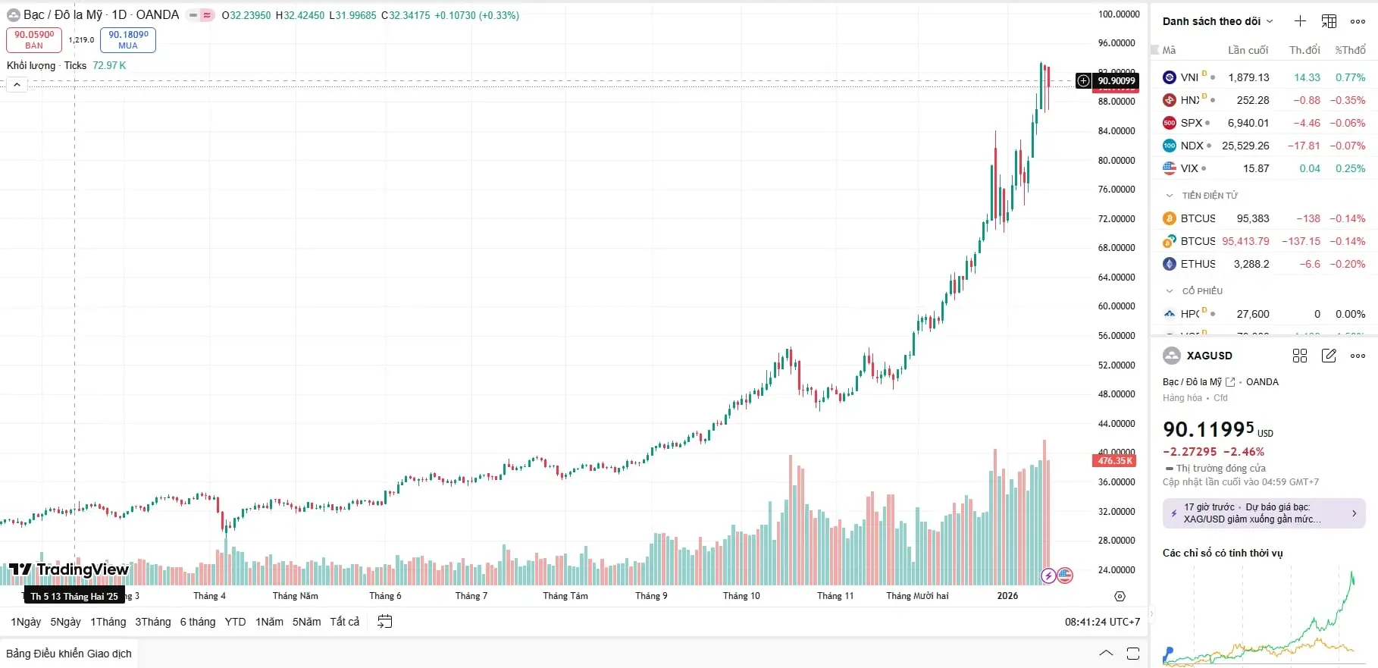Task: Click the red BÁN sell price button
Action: click(x=34, y=39)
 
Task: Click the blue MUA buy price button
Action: click(x=128, y=39)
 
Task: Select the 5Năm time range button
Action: click(x=306, y=622)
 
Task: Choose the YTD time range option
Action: click(x=235, y=622)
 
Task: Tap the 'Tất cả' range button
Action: click(x=345, y=622)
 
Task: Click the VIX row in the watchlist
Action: click(x=1189, y=168)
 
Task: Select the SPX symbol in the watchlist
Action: click(x=1191, y=123)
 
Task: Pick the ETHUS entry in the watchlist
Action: click(x=1198, y=264)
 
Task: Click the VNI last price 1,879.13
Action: click(x=1248, y=77)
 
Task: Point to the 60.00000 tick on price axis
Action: click(x=1116, y=306)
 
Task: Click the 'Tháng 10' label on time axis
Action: click(x=741, y=596)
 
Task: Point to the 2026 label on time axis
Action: click(x=1007, y=596)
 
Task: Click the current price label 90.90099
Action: click(x=1116, y=81)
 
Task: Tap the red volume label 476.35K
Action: click(x=1114, y=461)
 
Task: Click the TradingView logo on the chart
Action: click(x=69, y=569)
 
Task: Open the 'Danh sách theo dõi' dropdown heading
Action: click(x=1217, y=21)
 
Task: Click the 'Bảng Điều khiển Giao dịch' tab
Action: click(x=69, y=654)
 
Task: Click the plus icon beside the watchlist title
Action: click(x=1300, y=21)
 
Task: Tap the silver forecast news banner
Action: click(x=1264, y=513)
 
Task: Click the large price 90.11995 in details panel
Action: click(x=1208, y=430)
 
